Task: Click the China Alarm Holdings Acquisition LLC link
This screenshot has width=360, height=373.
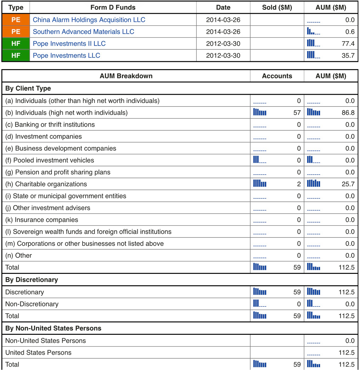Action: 89,20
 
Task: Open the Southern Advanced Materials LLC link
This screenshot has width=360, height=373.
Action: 83,32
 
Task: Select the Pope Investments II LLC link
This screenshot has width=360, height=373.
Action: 69,44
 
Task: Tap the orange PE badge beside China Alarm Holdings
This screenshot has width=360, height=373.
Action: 16,20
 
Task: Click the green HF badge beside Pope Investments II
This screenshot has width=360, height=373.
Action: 16,44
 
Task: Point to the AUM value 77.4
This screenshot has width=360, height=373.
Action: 348,44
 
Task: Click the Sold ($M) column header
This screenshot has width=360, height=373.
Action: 277,7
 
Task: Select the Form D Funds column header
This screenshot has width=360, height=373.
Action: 113,7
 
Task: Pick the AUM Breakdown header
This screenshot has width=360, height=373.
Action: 126,76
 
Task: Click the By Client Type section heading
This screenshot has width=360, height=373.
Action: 28,88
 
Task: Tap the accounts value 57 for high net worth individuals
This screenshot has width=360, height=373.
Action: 297,113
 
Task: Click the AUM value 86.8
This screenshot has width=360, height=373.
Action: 348,113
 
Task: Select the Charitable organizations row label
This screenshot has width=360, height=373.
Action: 46,184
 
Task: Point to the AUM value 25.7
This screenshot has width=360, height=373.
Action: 348,184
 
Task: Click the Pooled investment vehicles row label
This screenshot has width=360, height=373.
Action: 50,160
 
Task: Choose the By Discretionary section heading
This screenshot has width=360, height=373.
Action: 32,280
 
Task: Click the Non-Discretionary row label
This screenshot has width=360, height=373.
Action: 32,304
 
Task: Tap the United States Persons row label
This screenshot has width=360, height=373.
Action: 38,353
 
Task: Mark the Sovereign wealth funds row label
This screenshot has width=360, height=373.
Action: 88,232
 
